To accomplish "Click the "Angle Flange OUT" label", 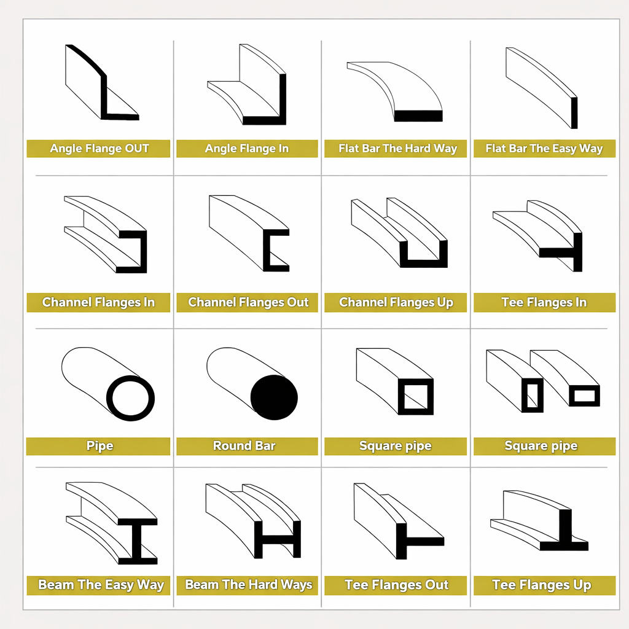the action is [x=99, y=149].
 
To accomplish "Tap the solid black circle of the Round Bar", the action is [x=274, y=397].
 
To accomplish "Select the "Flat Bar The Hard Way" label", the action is [x=397, y=149].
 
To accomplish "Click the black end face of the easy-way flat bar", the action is [x=574, y=113].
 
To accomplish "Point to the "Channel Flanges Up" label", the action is [x=396, y=302].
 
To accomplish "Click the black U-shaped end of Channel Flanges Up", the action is [x=424, y=263].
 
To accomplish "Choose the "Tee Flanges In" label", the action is [x=544, y=302].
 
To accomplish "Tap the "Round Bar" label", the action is [x=244, y=446].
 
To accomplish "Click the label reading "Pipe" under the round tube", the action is [x=100, y=446].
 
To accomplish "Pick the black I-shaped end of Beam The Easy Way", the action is [x=137, y=542].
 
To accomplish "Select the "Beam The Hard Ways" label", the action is [x=248, y=585].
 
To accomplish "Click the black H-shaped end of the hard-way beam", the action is [x=277, y=539].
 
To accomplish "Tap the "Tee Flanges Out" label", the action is [x=396, y=585].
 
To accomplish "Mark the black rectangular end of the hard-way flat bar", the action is [x=418, y=116].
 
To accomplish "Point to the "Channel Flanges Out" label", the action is [x=248, y=302].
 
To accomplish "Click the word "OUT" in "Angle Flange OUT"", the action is [x=137, y=149].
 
